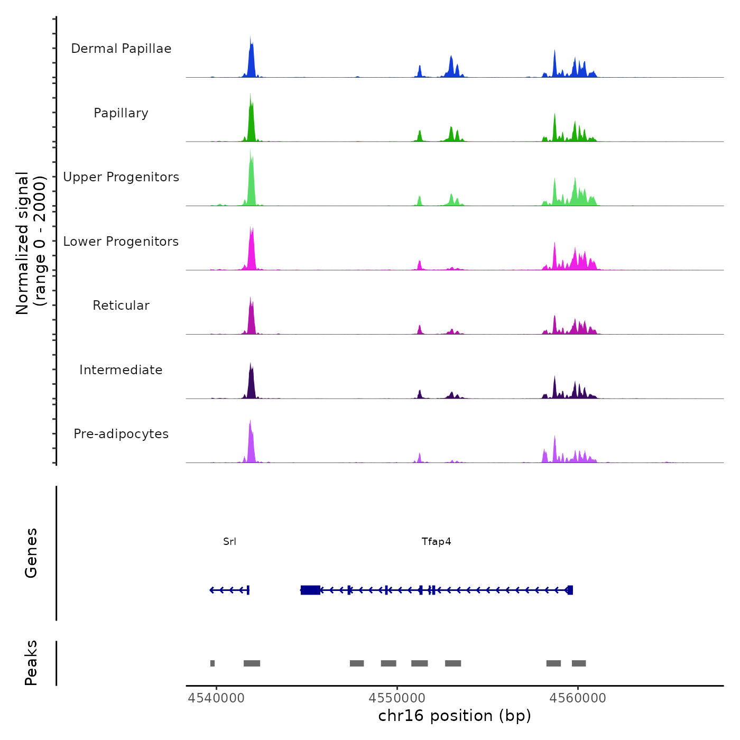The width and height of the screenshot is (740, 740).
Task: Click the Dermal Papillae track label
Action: tap(121, 49)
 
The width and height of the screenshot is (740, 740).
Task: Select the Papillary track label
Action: tap(121, 113)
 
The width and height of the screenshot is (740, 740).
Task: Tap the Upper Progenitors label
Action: tap(121, 177)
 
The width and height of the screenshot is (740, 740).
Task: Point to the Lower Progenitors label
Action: tap(121, 242)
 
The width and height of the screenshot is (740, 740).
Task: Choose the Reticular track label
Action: tap(121, 306)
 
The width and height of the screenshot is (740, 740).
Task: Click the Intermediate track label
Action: tap(121, 370)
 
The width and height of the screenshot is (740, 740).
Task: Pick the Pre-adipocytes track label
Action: tap(121, 434)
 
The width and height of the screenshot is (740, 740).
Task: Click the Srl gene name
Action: tap(229, 542)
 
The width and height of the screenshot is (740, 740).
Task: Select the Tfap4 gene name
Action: tap(436, 542)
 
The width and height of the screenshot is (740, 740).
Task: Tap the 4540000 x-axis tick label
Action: tap(216, 698)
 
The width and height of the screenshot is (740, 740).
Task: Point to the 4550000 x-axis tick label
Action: tap(397, 698)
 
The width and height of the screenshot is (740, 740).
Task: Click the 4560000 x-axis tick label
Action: tap(578, 698)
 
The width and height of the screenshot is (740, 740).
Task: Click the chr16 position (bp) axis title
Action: tap(455, 716)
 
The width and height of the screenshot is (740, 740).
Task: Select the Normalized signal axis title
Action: tap(31, 243)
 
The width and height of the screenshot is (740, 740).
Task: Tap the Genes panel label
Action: tap(31, 553)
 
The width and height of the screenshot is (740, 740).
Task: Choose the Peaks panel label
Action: tap(31, 663)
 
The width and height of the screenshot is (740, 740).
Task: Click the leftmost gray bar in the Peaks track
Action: tap(212, 663)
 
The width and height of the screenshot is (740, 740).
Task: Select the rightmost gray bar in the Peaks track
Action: tap(579, 663)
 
